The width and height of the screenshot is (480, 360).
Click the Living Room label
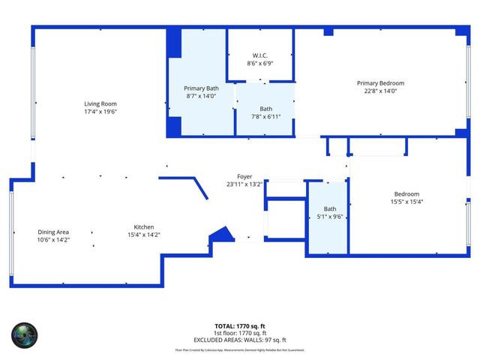coord(100,103)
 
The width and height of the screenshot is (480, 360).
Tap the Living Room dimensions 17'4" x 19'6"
coord(100,112)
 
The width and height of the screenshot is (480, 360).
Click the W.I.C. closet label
coord(260,55)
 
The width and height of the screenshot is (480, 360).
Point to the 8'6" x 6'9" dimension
coord(260,64)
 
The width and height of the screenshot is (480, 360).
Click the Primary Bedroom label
coord(380,83)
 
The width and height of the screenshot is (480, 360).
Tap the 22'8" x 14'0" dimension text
coord(380,91)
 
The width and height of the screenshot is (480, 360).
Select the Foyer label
coord(244,176)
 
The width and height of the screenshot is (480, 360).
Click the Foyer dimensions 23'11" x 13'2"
coord(244,184)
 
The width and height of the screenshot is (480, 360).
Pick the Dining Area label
coord(53,232)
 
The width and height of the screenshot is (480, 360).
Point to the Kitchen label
coord(144,226)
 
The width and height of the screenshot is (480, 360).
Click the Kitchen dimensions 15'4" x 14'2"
coord(144,235)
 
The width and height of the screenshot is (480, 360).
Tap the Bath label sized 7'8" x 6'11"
coord(266,109)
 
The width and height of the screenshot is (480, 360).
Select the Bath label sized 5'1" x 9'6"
coord(330,209)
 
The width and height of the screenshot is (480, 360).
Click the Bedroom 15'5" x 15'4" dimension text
coord(406,202)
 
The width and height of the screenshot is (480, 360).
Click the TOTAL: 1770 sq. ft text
coord(240,326)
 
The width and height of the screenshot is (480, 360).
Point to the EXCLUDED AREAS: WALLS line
coord(240,339)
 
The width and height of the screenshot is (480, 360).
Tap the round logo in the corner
coord(24,335)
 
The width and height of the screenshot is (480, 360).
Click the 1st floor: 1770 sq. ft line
coord(240,333)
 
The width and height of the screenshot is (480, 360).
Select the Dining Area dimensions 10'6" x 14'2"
coord(53,241)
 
